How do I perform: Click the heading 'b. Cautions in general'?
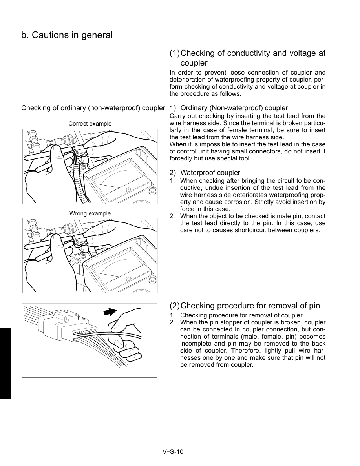coord(67,35)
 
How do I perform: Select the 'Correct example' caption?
coord(90,124)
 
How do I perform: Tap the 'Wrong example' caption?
coord(90,213)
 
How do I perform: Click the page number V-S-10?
coord(173,451)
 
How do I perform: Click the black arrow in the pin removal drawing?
coord(110,312)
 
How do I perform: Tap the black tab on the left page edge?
coord(5,363)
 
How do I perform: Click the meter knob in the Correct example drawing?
coord(152,191)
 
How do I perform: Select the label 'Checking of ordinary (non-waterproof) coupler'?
coord(93,108)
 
